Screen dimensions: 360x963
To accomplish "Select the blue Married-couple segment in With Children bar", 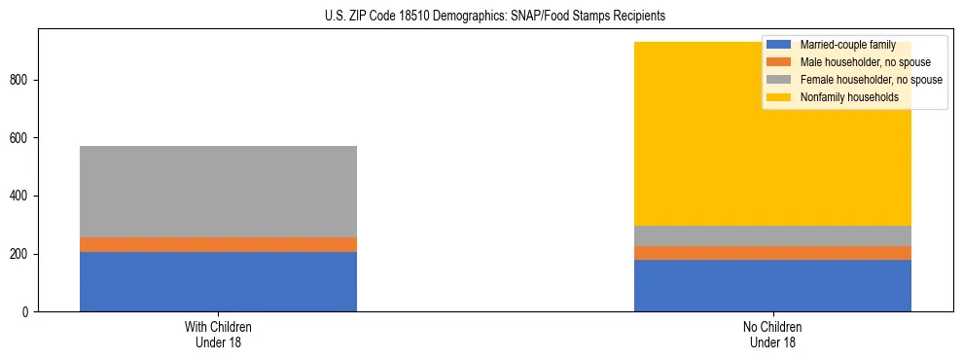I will tap(218, 281).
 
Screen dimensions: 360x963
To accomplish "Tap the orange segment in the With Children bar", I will tap(218, 244).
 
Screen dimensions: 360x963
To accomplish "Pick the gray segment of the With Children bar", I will tap(218, 192).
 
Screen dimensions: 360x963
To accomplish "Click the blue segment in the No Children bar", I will tap(772, 285).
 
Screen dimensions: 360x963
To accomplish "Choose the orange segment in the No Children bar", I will tap(772, 253).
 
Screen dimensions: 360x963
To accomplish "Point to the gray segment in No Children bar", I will tap(772, 235).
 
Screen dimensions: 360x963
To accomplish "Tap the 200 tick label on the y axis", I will tap(21, 254).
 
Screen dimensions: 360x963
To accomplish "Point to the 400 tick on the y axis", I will tap(21, 196).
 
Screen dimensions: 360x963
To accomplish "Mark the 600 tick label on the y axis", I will tap(21, 138).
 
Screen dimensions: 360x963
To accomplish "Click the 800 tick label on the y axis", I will tap(21, 80).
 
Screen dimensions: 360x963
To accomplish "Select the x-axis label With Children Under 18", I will tap(218, 335).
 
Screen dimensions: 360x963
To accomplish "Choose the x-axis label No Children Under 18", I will tap(772, 335).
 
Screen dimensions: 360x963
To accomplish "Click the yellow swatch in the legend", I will tap(778, 97).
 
